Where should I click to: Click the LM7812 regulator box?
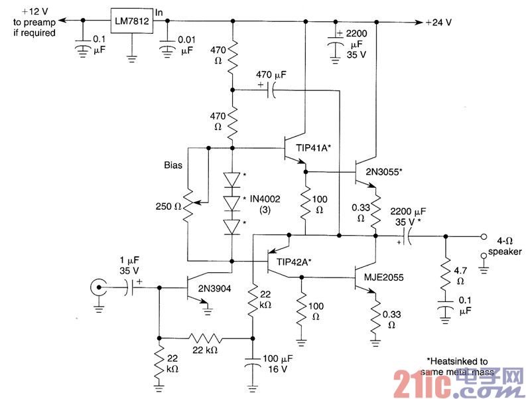(131, 22)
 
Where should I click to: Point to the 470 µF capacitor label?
(271, 76)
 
